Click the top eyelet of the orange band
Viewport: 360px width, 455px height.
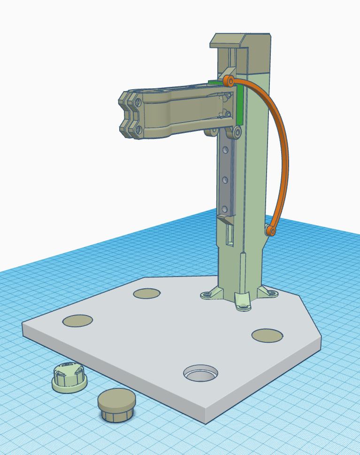(x=230, y=81)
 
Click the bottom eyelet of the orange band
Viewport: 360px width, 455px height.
(x=270, y=231)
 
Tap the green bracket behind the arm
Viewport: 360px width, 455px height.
(x=239, y=101)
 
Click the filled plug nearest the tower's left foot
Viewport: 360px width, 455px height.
(x=146, y=294)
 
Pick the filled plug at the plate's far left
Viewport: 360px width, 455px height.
(x=77, y=321)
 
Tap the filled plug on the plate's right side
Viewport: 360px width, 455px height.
(x=267, y=335)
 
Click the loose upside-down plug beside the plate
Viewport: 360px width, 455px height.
(x=69, y=376)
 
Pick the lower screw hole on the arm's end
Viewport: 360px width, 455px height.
(x=138, y=129)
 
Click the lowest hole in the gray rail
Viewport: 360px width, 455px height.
(x=225, y=208)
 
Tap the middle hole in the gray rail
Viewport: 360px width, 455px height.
(x=225, y=179)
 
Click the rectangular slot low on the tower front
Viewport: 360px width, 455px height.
(x=230, y=235)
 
